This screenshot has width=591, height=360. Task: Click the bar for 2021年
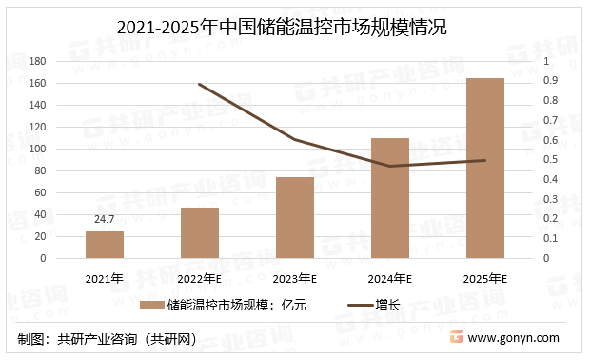[105, 245]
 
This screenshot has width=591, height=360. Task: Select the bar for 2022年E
[200, 232]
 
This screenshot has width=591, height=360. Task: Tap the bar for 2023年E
[295, 217]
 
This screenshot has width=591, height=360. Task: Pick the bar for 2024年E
[390, 198]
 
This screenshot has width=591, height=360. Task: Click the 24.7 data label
[105, 220]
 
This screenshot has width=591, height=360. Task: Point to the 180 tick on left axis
[64, 61]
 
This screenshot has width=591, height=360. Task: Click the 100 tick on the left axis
[64, 149]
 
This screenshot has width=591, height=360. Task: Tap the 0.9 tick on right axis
[550, 81]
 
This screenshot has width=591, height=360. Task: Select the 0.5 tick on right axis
[550, 160]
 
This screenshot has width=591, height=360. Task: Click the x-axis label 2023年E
[295, 279]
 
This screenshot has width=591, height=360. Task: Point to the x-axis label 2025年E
[485, 279]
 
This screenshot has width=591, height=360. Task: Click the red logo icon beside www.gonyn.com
[456, 338]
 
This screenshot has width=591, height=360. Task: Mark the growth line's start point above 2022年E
[200, 84]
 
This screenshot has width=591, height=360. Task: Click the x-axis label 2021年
[105, 279]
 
